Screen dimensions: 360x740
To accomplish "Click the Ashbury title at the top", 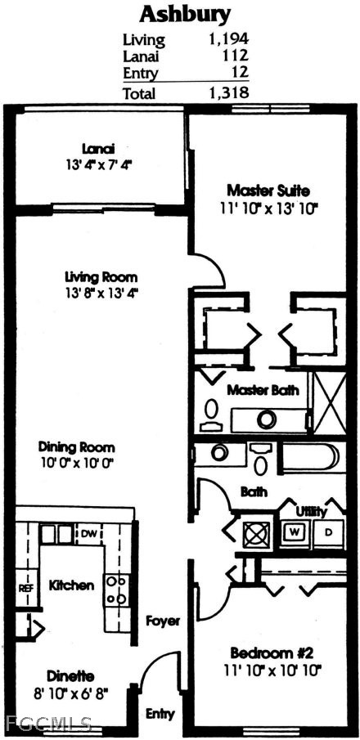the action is pyautogui.click(x=185, y=15).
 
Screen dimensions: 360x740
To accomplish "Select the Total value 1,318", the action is pyautogui.click(x=228, y=92).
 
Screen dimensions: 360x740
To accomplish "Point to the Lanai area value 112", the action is pyautogui.click(x=236, y=56).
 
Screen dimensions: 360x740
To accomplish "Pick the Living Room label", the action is pyautogui.click(x=101, y=276).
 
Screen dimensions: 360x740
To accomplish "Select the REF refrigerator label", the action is pyautogui.click(x=25, y=588).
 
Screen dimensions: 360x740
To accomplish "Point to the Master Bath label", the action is pyautogui.click(x=263, y=390).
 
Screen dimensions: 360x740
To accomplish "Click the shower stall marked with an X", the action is pyautogui.click(x=330, y=403).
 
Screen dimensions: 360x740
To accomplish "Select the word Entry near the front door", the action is pyautogui.click(x=160, y=714).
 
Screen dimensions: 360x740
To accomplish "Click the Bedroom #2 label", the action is pyautogui.click(x=272, y=653).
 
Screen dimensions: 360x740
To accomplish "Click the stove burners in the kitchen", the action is pyautogui.click(x=116, y=589).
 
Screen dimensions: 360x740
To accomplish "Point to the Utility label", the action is pyautogui.click(x=312, y=512).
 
